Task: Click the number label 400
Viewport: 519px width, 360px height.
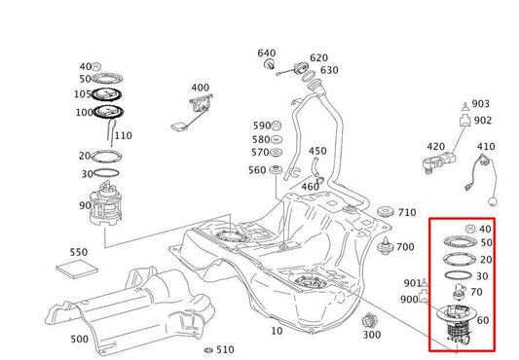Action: click(x=200, y=88)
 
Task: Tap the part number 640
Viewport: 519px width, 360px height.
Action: click(x=267, y=53)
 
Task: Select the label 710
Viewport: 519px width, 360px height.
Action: click(x=407, y=212)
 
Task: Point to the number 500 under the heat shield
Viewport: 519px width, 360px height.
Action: click(x=79, y=340)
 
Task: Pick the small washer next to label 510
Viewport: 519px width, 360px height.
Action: click(x=207, y=349)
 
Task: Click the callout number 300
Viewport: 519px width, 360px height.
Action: click(x=371, y=335)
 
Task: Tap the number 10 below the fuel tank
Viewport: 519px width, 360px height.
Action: click(x=278, y=331)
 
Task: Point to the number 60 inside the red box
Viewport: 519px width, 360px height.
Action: click(x=482, y=320)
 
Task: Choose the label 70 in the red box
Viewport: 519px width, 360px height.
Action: click(x=477, y=291)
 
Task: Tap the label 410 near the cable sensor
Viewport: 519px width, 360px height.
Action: click(x=486, y=147)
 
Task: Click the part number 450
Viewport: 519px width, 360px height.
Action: click(x=317, y=151)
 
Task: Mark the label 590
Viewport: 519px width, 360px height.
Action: click(x=261, y=126)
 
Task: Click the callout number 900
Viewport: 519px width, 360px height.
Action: click(x=409, y=299)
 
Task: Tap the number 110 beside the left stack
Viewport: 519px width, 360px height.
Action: click(x=123, y=135)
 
